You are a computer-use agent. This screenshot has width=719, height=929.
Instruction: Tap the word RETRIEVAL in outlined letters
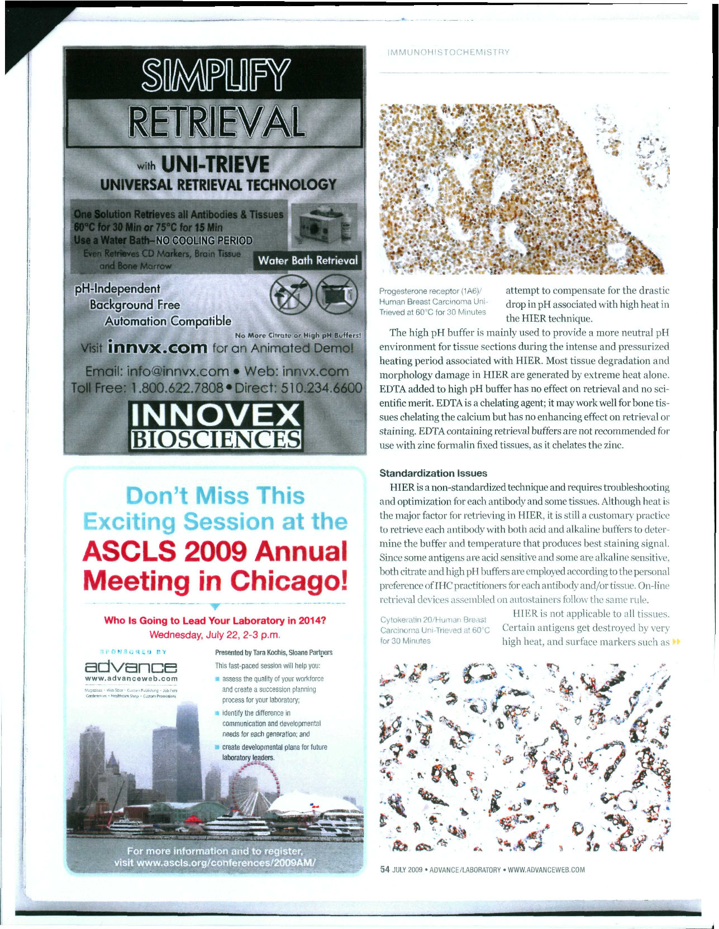[x=216, y=122]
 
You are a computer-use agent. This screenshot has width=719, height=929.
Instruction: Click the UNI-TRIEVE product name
[x=215, y=164]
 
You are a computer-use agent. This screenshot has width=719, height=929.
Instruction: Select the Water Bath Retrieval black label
[x=308, y=261]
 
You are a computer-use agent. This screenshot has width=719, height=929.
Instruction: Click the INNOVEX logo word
[x=216, y=415]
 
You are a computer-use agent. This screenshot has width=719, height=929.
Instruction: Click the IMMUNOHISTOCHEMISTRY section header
[x=448, y=52]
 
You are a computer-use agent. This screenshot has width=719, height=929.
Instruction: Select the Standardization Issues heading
[x=433, y=473]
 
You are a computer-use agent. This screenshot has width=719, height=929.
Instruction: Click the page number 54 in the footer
[x=384, y=869]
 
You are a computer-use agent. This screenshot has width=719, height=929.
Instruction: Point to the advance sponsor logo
[x=131, y=667]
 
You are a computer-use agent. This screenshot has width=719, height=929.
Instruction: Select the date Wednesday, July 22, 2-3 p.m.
[x=215, y=635]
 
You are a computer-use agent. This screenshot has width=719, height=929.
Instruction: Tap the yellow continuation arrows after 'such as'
[x=677, y=642]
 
